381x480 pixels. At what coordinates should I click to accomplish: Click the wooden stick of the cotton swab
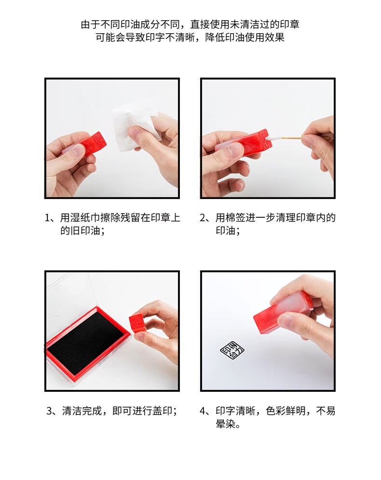[291, 138]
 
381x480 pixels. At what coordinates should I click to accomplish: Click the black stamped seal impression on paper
[232, 350]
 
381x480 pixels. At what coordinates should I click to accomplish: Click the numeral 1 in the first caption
[47, 218]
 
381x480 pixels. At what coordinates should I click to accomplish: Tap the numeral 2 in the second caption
[203, 218]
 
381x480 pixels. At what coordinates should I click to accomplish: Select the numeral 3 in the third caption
[49, 411]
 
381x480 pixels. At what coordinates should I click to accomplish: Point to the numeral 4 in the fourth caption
[203, 411]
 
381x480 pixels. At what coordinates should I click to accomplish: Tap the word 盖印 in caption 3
[163, 411]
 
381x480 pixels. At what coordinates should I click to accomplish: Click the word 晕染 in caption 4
[226, 424]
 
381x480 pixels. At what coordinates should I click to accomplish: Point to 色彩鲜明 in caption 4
[286, 411]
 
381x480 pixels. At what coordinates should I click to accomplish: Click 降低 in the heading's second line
[215, 37]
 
